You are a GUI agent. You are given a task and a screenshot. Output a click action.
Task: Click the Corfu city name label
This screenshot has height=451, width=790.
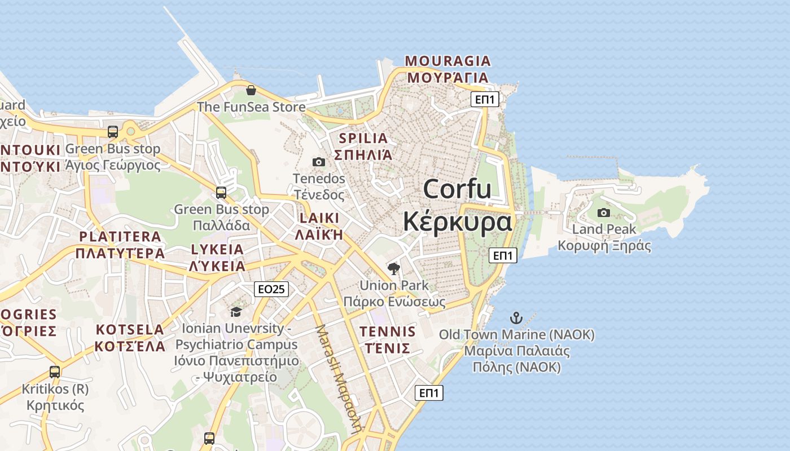457,205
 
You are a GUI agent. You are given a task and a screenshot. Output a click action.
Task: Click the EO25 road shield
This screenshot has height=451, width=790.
271,289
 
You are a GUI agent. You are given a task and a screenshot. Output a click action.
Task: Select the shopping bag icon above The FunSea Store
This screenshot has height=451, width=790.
251,90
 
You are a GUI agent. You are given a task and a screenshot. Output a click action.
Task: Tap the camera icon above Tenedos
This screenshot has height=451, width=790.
318,162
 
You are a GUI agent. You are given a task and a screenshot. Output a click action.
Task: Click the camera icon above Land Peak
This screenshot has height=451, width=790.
604,213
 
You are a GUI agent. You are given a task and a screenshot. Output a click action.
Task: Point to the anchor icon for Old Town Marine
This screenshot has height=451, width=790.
516,317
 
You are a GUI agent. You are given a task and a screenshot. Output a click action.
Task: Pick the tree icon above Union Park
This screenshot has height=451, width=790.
394,268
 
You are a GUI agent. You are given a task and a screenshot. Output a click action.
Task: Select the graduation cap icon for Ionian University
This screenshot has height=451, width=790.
236,312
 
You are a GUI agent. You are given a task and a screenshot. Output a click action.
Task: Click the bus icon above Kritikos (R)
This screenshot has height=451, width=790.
54,372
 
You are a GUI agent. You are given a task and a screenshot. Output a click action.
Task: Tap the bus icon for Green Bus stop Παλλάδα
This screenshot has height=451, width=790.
221,193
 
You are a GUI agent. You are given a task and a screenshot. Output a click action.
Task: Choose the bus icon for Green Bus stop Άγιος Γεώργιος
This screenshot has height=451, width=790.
113,132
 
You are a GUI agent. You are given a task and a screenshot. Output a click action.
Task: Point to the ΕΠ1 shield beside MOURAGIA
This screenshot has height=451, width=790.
485,100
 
